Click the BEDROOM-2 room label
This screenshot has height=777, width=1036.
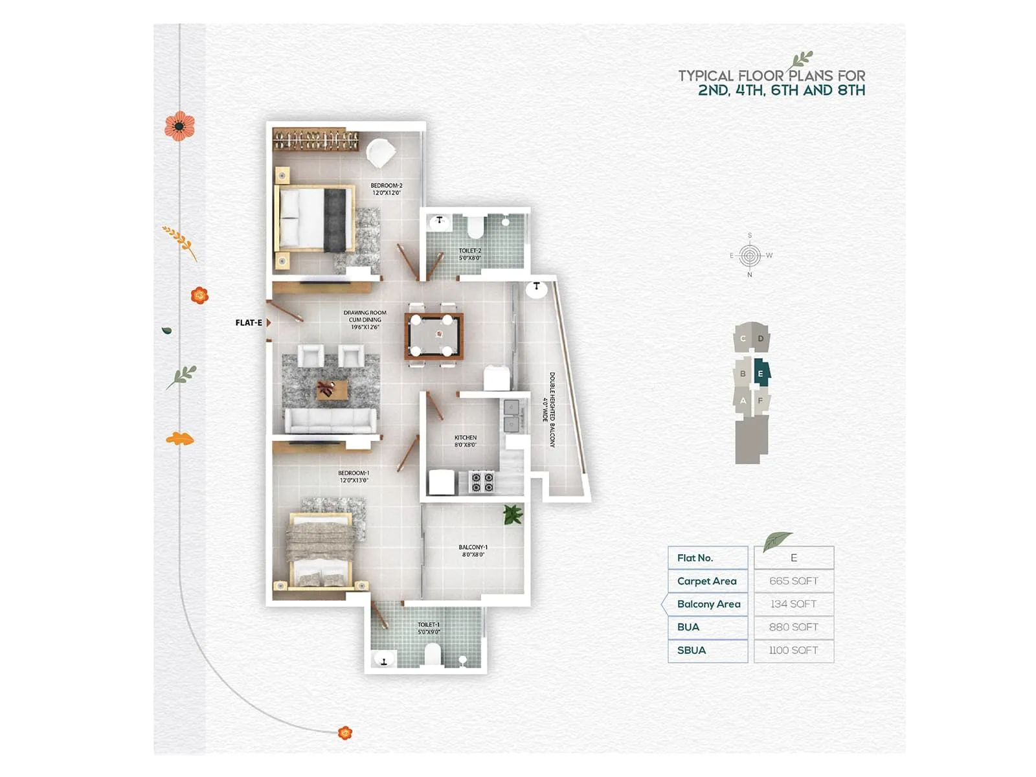point(386,189)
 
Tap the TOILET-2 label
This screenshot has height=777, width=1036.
point(469,254)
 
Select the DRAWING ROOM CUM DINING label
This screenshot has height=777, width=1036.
point(365,320)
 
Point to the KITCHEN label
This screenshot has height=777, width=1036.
point(465,441)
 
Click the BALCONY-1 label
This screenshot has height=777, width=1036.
point(473,550)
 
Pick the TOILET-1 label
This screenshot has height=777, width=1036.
point(429,628)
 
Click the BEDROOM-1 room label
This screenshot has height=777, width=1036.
point(353,477)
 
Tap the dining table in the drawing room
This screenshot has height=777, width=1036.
point(433,336)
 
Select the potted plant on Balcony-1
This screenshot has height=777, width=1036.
point(513,515)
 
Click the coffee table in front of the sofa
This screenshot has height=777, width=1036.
point(332,389)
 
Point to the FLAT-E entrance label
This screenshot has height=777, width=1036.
point(249,322)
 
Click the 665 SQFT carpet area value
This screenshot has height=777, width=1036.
point(793,581)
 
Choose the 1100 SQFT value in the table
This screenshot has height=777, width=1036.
point(793,650)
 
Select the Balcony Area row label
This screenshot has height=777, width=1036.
point(708,604)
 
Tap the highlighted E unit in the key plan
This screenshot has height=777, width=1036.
point(761,374)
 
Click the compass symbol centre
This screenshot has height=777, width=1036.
point(750,255)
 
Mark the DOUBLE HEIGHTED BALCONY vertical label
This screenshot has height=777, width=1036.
point(552,409)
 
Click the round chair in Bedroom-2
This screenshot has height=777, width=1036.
point(380,153)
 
